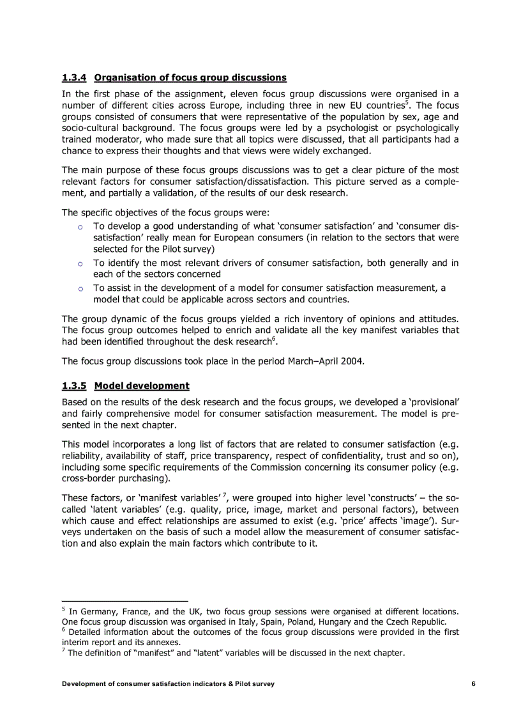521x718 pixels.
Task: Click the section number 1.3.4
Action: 74,77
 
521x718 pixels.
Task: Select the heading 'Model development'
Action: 141,386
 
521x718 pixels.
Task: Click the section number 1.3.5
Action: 74,386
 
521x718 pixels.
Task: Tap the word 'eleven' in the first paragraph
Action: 245,93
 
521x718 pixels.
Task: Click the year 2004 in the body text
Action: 351,361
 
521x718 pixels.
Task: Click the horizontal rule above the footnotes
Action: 125,601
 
